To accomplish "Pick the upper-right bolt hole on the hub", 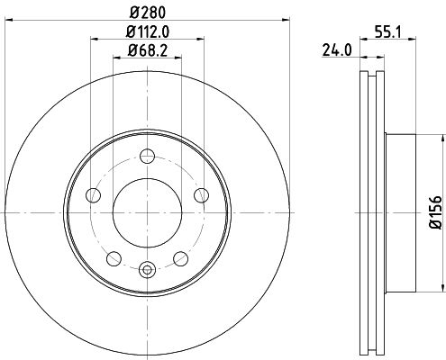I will pos(199,195).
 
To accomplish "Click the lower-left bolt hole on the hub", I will pos(114,257).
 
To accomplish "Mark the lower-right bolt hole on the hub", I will pos(179,257).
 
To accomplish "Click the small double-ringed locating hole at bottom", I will pos(147,266).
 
